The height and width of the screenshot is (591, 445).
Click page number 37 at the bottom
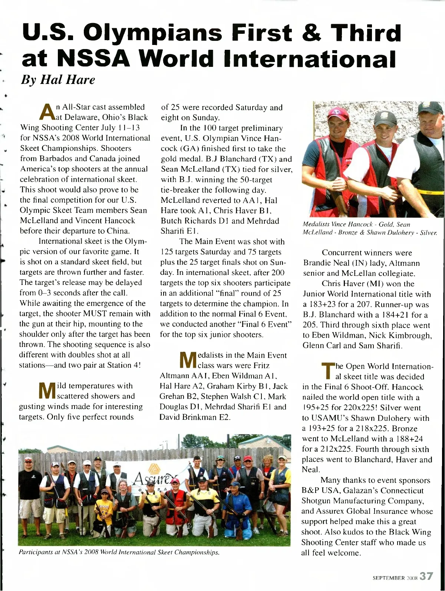point(426,576)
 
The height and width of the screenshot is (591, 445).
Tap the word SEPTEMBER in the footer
point(389,578)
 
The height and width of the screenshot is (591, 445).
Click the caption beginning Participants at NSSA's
point(119,552)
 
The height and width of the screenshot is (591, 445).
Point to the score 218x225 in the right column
point(371,428)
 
